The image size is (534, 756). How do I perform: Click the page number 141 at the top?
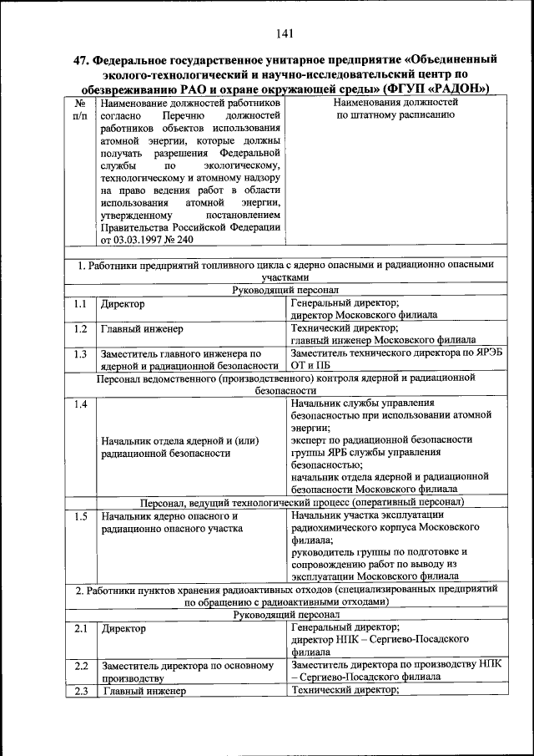[283, 33]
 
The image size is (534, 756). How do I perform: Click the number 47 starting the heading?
[82, 60]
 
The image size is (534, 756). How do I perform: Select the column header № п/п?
[81, 109]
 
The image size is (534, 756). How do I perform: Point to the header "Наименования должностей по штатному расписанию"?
[395, 109]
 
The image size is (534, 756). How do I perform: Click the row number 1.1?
[80, 304]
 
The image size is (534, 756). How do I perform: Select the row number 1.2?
[80, 329]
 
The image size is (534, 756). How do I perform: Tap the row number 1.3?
[80, 353]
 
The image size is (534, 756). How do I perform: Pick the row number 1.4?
[80, 405]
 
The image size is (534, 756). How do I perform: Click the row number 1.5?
[80, 516]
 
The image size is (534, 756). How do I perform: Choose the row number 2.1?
[80, 627]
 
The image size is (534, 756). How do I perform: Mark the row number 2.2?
[80, 666]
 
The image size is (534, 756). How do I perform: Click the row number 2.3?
[80, 691]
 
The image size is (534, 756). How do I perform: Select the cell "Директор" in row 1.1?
[123, 304]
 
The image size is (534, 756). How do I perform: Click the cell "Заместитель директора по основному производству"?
[188, 672]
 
